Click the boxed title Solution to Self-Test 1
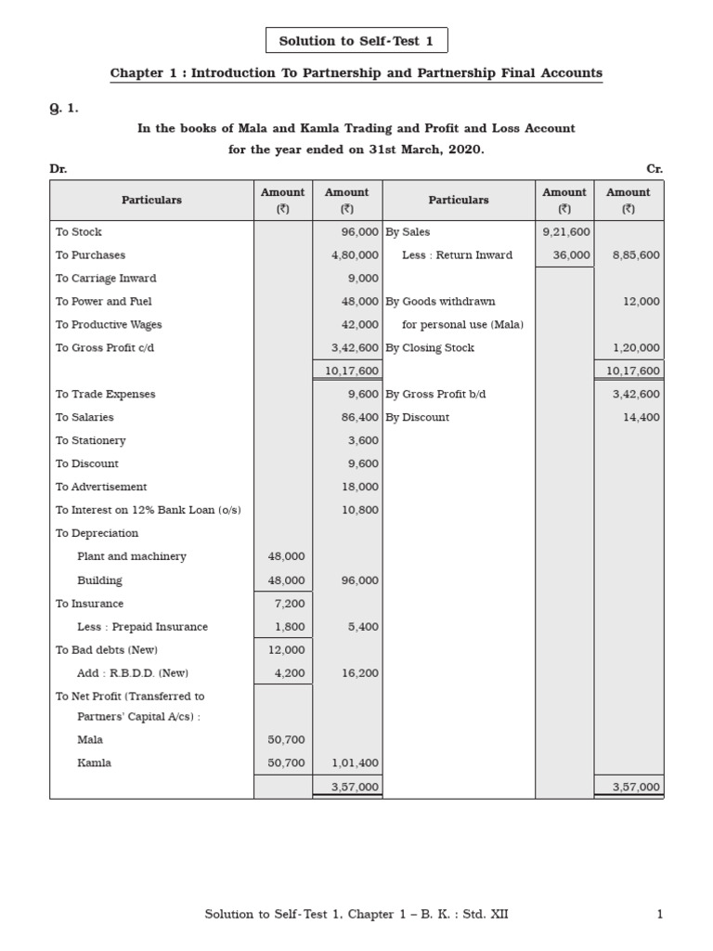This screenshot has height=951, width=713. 356,41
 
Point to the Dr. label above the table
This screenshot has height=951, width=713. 58,169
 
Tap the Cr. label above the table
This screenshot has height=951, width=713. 655,169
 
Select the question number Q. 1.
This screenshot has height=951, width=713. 63,108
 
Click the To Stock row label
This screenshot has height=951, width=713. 78,231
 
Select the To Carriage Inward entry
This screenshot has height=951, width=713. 105,278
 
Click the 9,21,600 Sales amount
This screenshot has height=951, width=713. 565,231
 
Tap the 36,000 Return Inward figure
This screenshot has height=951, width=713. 571,254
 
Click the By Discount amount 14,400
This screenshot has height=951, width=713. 640,417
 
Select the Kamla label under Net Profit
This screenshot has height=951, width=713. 94,762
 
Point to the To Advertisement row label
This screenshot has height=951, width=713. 100,487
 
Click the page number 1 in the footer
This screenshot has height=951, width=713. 659,915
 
